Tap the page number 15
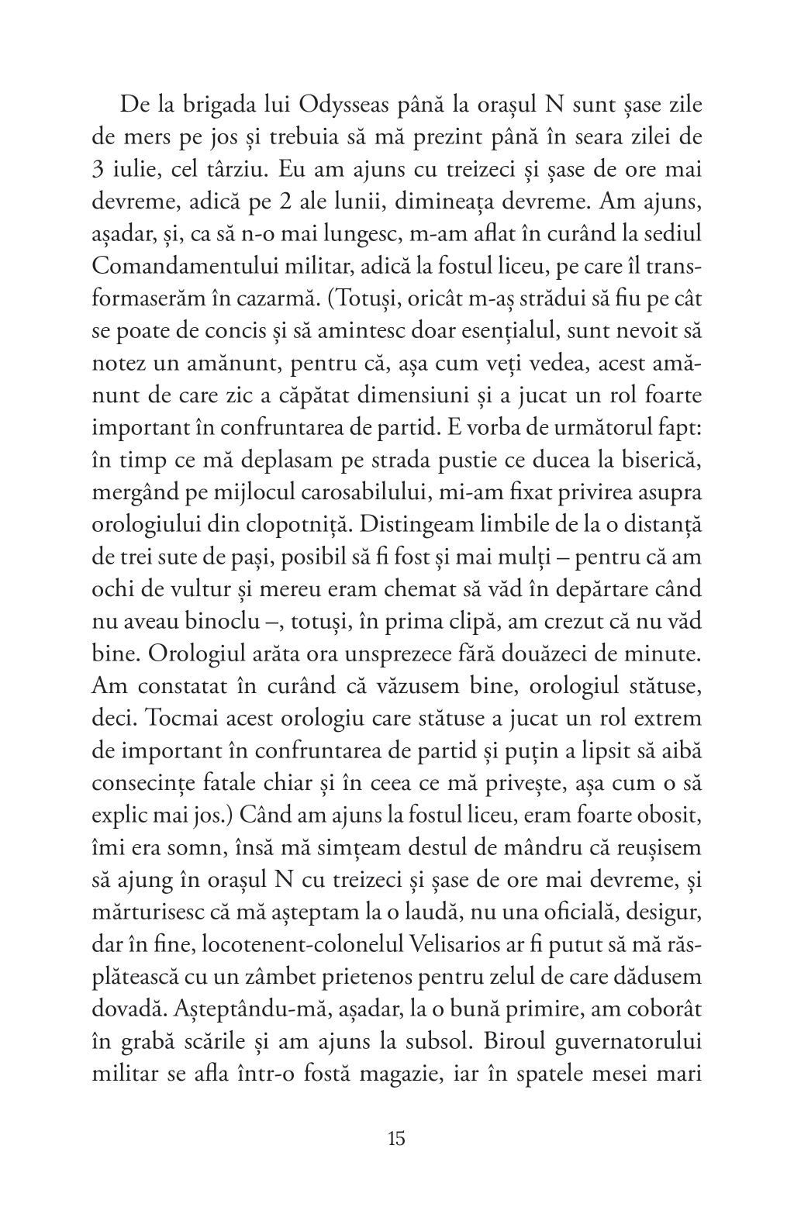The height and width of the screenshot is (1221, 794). click(x=395, y=1139)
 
